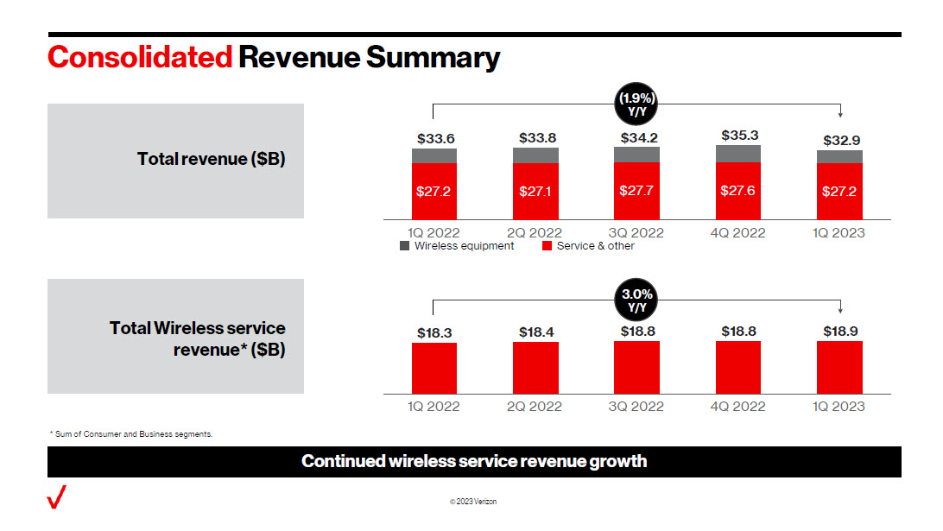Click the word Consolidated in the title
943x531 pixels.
point(140,57)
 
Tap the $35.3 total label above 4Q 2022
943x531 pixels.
point(737,136)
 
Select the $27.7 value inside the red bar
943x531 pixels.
point(636,190)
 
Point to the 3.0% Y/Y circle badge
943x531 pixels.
point(636,300)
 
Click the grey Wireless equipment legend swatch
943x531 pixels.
point(405,246)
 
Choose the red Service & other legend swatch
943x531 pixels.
point(547,246)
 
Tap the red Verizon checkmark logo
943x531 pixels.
point(57,497)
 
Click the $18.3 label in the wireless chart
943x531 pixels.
point(434,332)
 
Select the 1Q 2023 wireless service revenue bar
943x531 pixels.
point(839,368)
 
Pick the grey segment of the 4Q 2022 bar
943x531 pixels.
point(737,153)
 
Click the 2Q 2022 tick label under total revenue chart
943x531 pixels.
point(535,233)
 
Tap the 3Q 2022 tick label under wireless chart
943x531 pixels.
point(636,406)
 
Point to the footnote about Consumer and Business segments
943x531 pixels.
point(130,434)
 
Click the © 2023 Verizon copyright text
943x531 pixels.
point(473,502)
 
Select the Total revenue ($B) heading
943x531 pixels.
point(211,159)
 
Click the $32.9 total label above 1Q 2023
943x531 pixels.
point(839,140)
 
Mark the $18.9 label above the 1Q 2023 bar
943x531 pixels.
point(839,331)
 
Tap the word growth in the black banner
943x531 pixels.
point(617,461)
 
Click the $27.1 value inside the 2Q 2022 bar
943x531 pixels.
point(535,191)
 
